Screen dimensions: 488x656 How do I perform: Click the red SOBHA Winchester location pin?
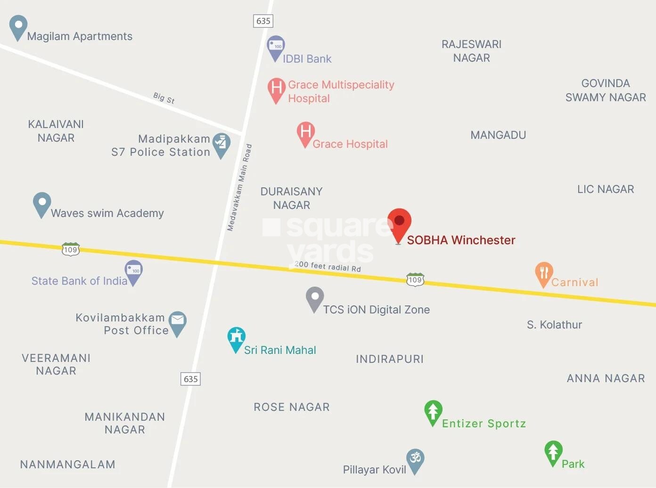pos(399,223)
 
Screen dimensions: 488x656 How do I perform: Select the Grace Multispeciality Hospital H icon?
pos(277,88)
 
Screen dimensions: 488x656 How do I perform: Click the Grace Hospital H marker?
pos(305,132)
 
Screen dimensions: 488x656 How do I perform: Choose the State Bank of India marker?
pos(133,271)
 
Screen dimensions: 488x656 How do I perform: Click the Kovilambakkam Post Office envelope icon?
pos(178,321)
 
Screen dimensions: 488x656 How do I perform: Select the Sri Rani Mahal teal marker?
pos(236,337)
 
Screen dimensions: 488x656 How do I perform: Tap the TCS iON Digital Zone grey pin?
pos(315,297)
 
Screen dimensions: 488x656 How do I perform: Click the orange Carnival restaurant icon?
pos(544,273)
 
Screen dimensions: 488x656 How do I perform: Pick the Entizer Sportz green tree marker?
pos(433,411)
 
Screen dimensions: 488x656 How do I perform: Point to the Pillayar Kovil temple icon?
pos(415,459)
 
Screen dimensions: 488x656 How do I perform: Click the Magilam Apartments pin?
pos(18,26)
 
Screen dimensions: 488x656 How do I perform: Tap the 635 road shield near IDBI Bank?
pos(263,21)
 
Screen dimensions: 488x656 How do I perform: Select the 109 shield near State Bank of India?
pos(71,249)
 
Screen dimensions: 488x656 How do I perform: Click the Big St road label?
pos(164,98)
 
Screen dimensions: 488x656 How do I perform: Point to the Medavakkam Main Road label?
pos(239,188)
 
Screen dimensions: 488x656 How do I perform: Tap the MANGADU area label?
pos(498,135)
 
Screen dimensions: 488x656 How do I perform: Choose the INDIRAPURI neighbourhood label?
pos(390,359)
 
